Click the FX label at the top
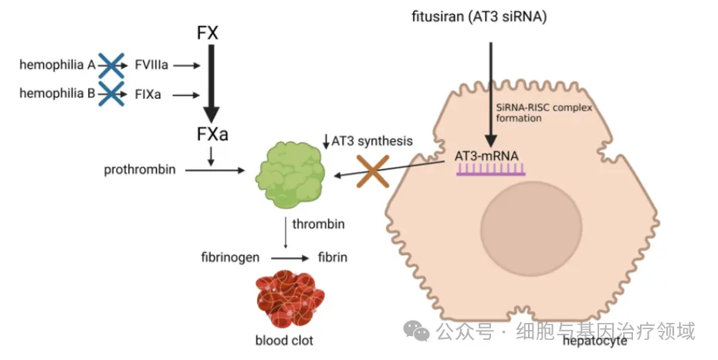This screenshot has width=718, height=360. point(209,34)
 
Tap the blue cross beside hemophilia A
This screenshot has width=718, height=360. point(111,66)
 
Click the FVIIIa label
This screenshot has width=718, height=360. point(151,66)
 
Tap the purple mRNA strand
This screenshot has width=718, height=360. point(491,171)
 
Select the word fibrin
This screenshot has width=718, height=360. point(333,256)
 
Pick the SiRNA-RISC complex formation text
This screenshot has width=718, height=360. point(544,114)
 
